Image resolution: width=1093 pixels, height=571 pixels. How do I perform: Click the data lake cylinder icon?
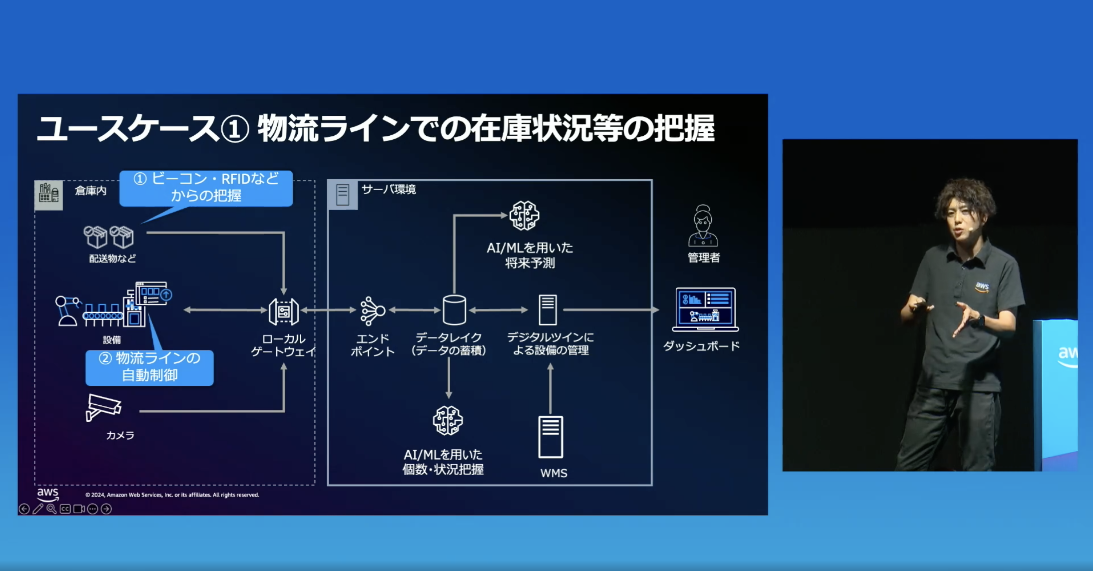pyautogui.click(x=454, y=310)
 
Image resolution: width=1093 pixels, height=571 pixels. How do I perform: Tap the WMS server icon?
pyautogui.click(x=550, y=437)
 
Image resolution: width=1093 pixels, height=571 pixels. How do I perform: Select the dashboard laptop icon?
pyautogui.click(x=705, y=309)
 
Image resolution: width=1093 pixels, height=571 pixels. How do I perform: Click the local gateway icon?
pyautogui.click(x=284, y=311)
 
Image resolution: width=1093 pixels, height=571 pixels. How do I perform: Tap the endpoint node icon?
pyautogui.click(x=373, y=311)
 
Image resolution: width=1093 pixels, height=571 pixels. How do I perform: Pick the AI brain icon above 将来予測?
pyautogui.click(x=524, y=216)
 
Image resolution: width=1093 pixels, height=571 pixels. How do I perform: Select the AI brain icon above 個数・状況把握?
pyautogui.click(x=448, y=420)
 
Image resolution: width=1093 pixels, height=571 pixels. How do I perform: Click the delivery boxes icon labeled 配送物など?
pyautogui.click(x=108, y=237)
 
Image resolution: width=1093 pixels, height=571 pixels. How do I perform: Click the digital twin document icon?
pyautogui.click(x=547, y=310)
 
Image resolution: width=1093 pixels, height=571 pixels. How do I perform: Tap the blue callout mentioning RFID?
pyautogui.click(x=206, y=188)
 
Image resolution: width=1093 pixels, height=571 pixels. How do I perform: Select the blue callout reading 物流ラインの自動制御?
pyautogui.click(x=149, y=367)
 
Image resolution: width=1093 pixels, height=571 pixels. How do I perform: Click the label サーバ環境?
pyautogui.click(x=389, y=189)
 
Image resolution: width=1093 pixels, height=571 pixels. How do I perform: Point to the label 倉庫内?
pyautogui.click(x=90, y=191)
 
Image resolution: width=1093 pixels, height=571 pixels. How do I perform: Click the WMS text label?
pyautogui.click(x=553, y=473)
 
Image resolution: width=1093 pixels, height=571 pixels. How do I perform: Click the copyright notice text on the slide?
pyautogui.click(x=172, y=495)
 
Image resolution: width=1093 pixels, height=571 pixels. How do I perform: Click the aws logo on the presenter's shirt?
pyautogui.click(x=982, y=286)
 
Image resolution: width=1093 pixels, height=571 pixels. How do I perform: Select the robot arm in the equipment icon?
pyautogui.click(x=66, y=310)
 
